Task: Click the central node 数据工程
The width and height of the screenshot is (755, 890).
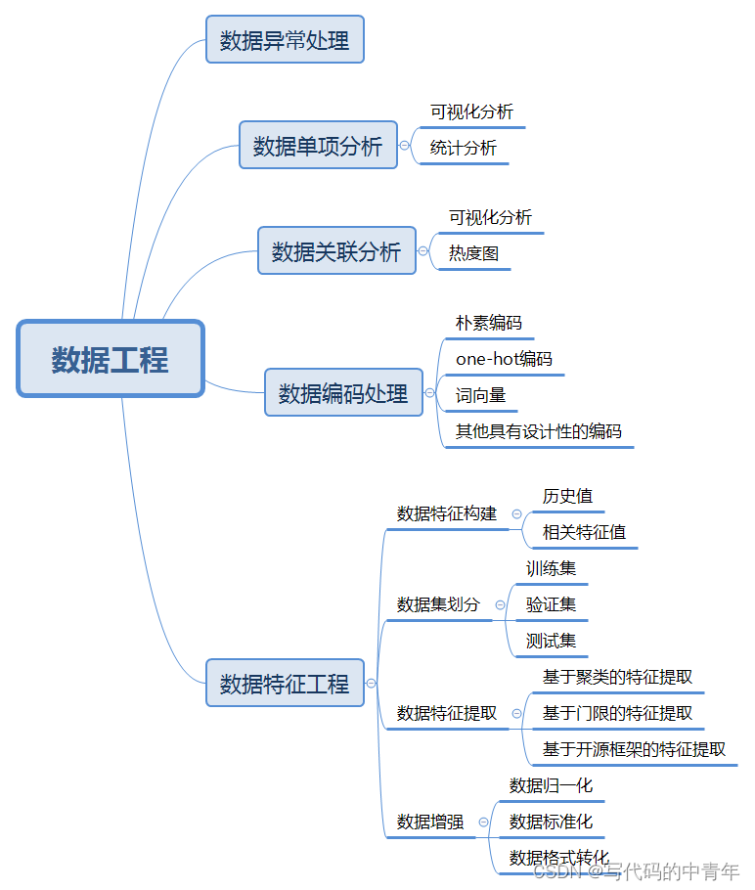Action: point(110,359)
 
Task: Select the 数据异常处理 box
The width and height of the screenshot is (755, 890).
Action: point(285,40)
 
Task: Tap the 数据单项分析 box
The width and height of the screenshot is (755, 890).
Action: point(318,146)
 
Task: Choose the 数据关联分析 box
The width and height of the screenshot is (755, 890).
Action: point(336,251)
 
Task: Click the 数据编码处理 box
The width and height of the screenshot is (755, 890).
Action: point(343,393)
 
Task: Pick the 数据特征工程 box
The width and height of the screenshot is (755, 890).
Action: point(285,684)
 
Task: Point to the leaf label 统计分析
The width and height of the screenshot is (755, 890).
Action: point(464,148)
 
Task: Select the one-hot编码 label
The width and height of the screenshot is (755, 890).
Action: point(504,359)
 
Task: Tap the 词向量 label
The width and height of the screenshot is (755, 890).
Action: point(480,395)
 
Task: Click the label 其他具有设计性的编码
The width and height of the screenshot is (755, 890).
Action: point(538,431)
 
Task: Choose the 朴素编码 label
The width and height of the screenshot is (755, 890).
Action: point(489,323)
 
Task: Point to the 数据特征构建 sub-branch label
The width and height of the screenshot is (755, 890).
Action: point(447,513)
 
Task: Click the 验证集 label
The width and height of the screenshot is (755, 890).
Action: point(551,604)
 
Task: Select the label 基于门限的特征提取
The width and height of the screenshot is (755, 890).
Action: point(617,713)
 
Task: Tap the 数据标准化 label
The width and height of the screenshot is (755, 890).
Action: point(551,822)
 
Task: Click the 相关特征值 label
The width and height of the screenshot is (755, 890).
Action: point(584,532)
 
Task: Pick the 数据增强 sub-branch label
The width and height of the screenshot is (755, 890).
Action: point(430,822)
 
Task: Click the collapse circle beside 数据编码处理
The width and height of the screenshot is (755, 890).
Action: point(429,393)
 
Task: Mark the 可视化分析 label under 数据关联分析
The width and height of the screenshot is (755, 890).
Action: point(490,217)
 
